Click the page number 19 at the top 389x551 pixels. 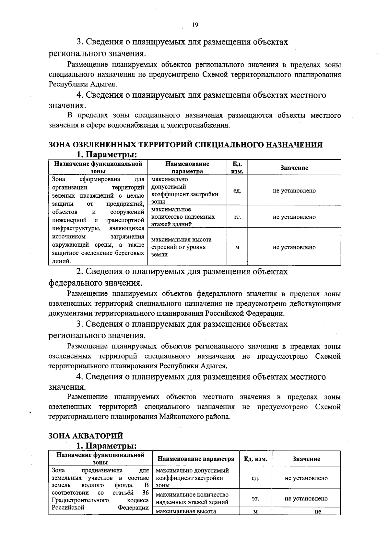point(195,25)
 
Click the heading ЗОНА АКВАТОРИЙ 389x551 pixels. point(86,435)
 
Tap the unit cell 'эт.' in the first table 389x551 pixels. point(237,217)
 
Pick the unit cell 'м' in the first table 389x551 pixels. point(237,247)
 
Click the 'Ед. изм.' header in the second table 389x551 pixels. point(255,459)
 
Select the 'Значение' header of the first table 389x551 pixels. point(294,168)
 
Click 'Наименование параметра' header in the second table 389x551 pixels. point(195,459)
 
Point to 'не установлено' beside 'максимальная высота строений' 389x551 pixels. point(294,247)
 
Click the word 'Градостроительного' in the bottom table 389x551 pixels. point(80,500)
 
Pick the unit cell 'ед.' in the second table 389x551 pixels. point(255,478)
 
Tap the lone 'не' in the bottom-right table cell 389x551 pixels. point(317,512)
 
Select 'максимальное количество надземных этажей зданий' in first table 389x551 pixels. point(183,217)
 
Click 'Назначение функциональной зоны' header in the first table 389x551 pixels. point(98,167)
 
